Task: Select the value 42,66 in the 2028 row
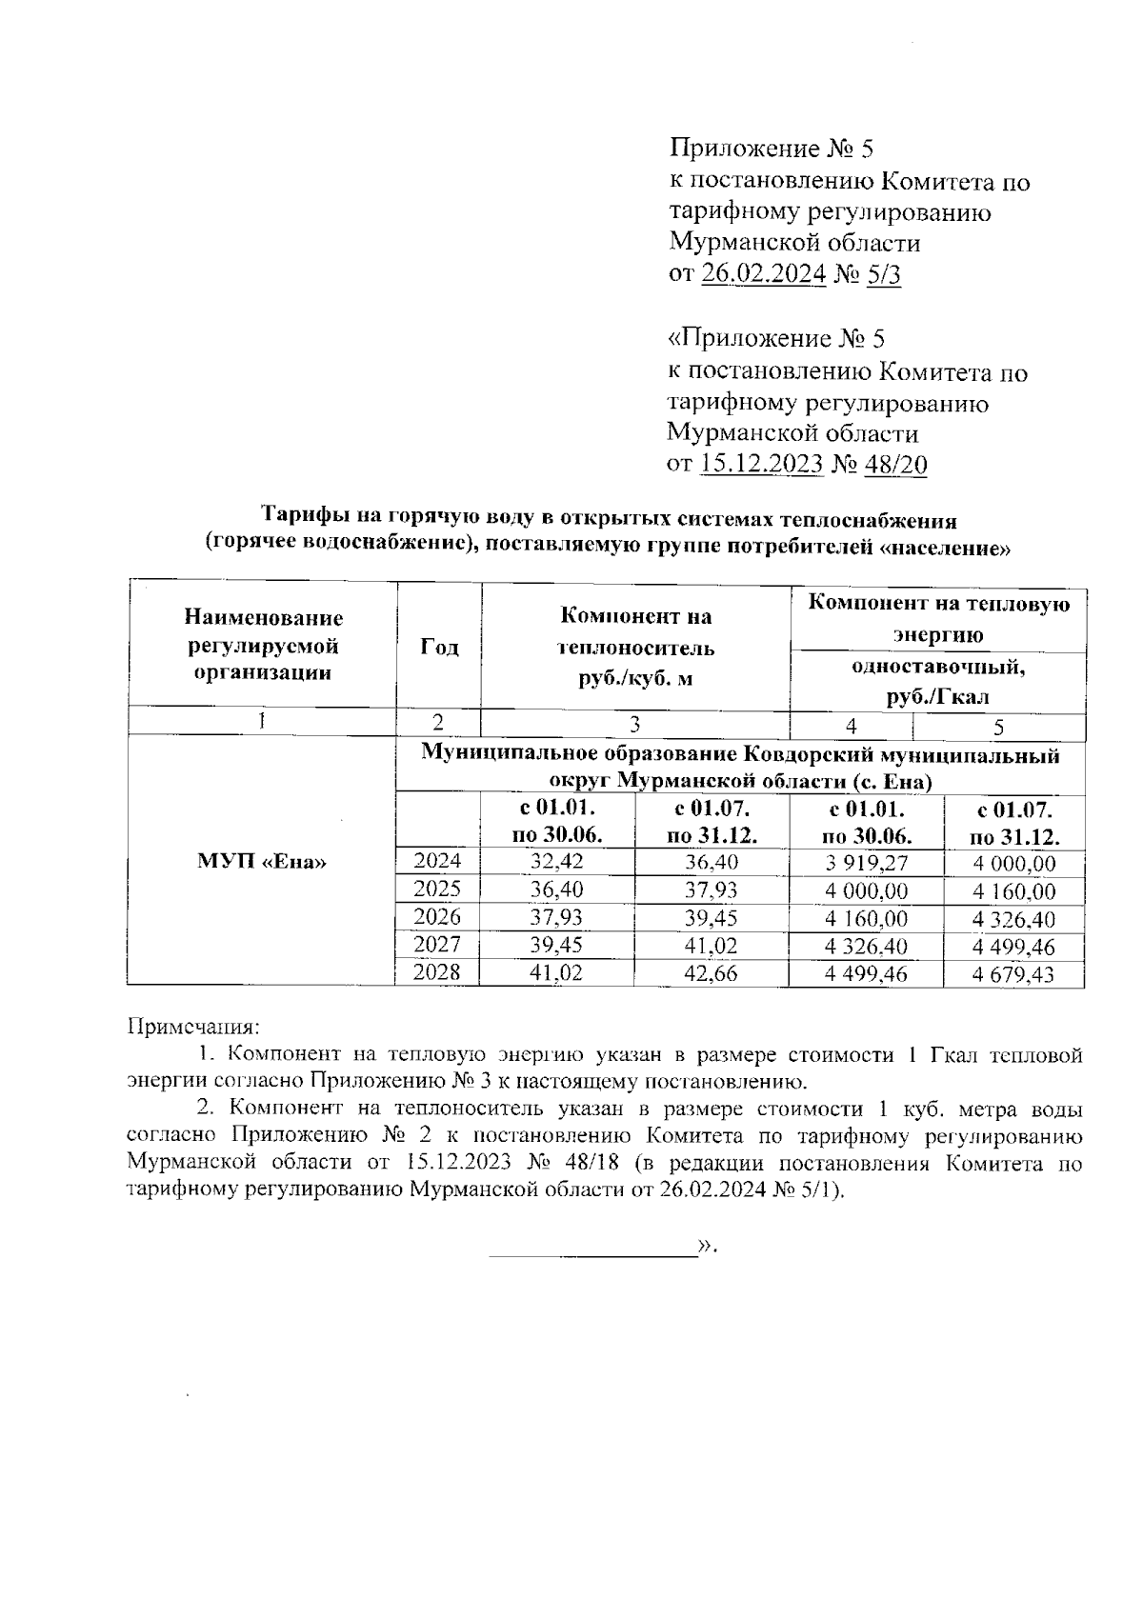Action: (x=711, y=973)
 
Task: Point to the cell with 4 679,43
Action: (x=1013, y=974)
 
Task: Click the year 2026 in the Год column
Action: (x=437, y=917)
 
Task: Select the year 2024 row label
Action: (x=437, y=862)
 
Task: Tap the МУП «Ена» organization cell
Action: (x=261, y=862)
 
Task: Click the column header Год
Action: (x=438, y=648)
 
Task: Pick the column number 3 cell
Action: (x=634, y=724)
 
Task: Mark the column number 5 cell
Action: (x=998, y=728)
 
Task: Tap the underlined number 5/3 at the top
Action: (x=883, y=274)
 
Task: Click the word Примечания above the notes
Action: (x=193, y=1028)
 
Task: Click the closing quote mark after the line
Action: (x=706, y=1247)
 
